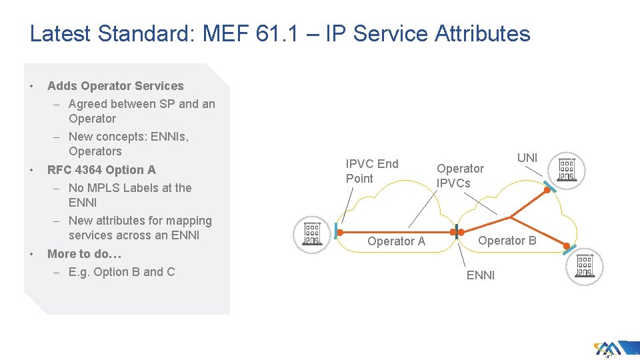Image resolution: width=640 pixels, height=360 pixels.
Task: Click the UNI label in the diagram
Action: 527,157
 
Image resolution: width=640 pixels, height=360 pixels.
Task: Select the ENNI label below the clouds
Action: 480,275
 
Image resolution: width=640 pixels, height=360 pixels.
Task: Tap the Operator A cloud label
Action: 396,241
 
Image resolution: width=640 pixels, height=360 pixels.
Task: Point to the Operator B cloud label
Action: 507,241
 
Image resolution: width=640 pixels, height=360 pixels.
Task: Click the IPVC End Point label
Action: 371,171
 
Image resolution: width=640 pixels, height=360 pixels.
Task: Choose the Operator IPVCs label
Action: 460,176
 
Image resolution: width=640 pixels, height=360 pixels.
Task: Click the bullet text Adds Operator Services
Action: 115,86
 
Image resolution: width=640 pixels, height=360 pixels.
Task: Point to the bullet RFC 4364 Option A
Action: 101,170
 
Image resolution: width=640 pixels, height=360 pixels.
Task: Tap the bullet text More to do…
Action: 84,254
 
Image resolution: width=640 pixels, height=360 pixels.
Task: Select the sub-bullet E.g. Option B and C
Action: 121,271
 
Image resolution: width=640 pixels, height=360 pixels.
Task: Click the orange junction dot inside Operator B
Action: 511,217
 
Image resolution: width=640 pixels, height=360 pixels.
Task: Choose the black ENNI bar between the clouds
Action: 457,232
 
